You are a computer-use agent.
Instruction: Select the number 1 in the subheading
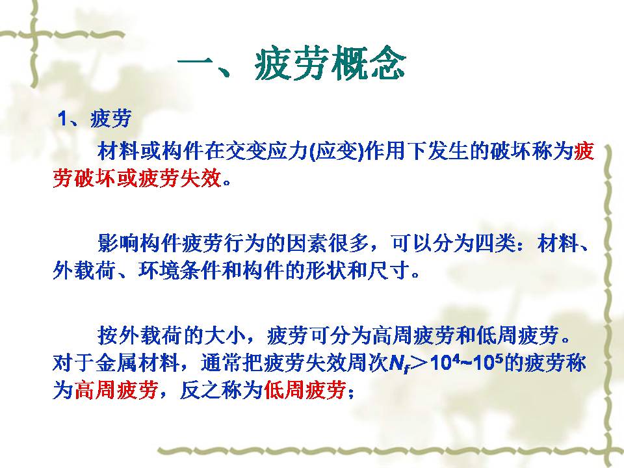[62, 118]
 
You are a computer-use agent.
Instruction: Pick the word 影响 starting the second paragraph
[118, 242]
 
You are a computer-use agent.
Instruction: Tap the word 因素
[307, 242]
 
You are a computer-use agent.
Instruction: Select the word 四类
[496, 242]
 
